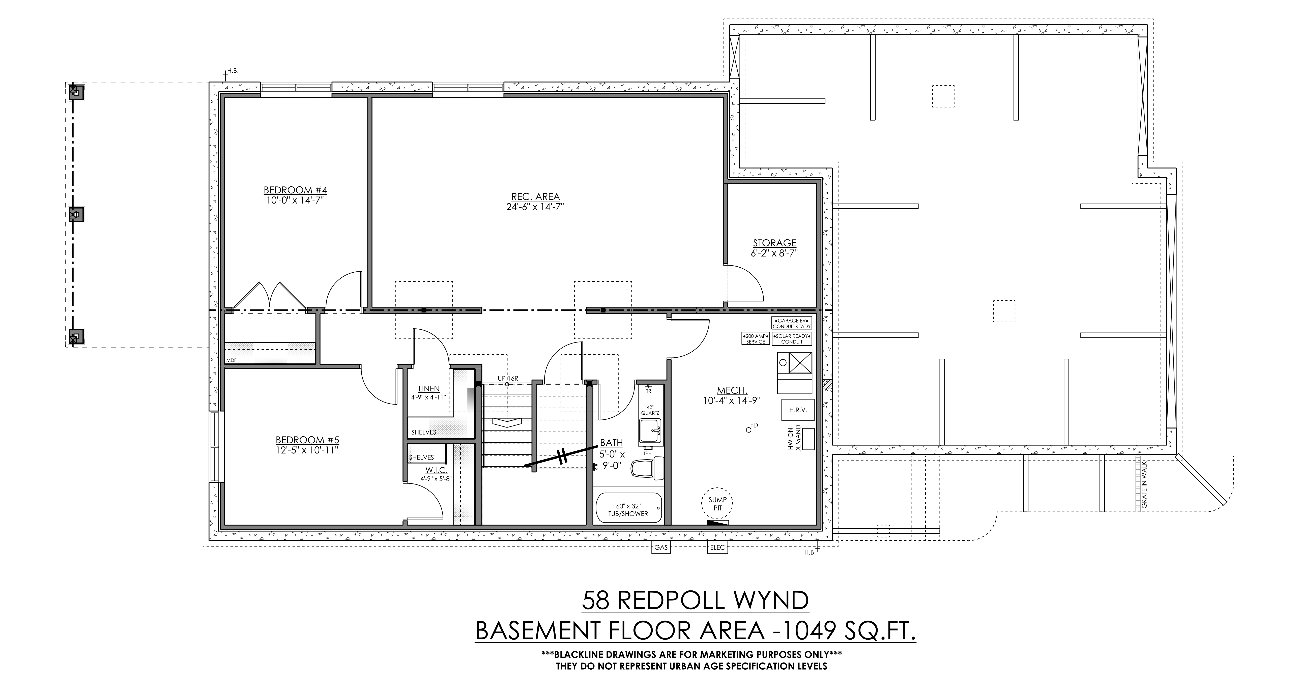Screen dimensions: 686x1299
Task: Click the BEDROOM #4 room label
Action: tap(296, 190)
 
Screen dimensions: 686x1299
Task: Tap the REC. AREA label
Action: tap(535, 197)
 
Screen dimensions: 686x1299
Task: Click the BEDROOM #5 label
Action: tap(307, 440)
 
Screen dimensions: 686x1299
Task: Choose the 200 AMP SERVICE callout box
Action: tap(755, 338)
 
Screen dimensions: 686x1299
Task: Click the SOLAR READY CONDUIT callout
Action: tap(792, 338)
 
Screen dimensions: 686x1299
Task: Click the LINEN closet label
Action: tap(429, 388)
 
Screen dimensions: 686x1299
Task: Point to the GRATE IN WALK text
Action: tap(1144, 484)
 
